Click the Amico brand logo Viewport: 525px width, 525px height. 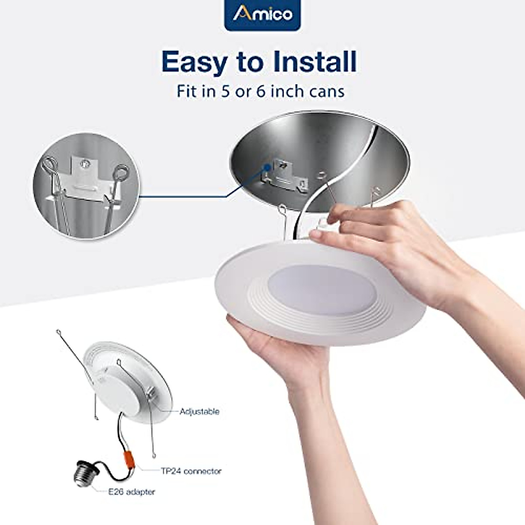[262, 14]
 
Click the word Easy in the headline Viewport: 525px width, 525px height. [194, 62]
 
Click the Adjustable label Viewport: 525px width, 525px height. [199, 411]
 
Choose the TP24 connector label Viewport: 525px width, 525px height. [190, 471]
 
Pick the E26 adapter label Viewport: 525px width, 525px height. [132, 492]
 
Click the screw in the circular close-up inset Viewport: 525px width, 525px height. [84, 163]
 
